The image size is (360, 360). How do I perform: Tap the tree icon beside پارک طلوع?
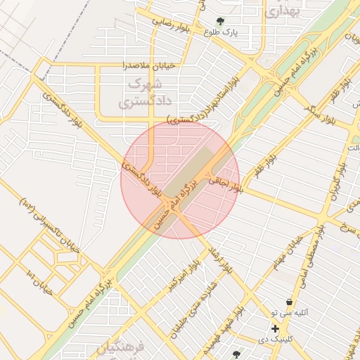(x=221, y=21)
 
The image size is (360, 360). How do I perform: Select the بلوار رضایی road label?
(x=170, y=21)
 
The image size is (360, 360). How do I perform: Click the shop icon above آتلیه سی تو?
(x=289, y=302)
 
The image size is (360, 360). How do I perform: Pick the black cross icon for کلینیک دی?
(x=275, y=328)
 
